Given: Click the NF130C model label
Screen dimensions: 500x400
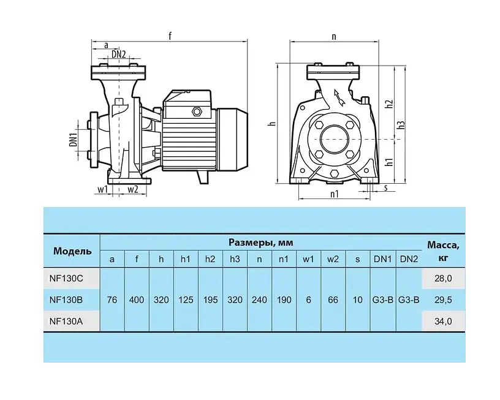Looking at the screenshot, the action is (66, 279).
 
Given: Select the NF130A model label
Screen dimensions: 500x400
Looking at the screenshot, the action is (66, 321).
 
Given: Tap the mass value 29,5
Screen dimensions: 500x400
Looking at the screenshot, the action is (443, 300).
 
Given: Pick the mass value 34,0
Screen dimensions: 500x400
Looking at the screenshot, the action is (443, 321).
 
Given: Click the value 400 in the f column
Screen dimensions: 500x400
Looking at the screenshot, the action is (137, 300).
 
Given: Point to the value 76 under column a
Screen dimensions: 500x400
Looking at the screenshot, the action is (112, 300).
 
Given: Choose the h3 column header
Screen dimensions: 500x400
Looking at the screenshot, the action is (235, 259).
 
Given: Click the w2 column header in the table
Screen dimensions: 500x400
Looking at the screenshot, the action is (333, 259).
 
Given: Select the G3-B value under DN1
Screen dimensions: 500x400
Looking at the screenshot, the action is (382, 300).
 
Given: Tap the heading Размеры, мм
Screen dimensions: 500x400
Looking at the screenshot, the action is (261, 243).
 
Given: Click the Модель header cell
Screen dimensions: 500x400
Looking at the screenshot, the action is (72, 251).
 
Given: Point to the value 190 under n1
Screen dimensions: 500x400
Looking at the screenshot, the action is (284, 300).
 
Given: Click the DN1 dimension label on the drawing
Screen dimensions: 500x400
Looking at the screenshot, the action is (74, 140).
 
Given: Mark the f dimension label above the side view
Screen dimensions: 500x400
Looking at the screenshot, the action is (170, 36).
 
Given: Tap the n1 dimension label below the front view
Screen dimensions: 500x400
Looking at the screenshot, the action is (334, 194).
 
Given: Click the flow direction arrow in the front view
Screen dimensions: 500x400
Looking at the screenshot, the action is (339, 97).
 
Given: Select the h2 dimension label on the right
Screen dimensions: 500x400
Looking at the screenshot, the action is (389, 104).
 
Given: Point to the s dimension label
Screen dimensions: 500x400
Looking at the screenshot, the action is (385, 188).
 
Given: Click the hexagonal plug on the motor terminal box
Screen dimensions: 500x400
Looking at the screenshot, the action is (196, 112).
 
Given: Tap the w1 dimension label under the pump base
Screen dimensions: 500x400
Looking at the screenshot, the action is (102, 189).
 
